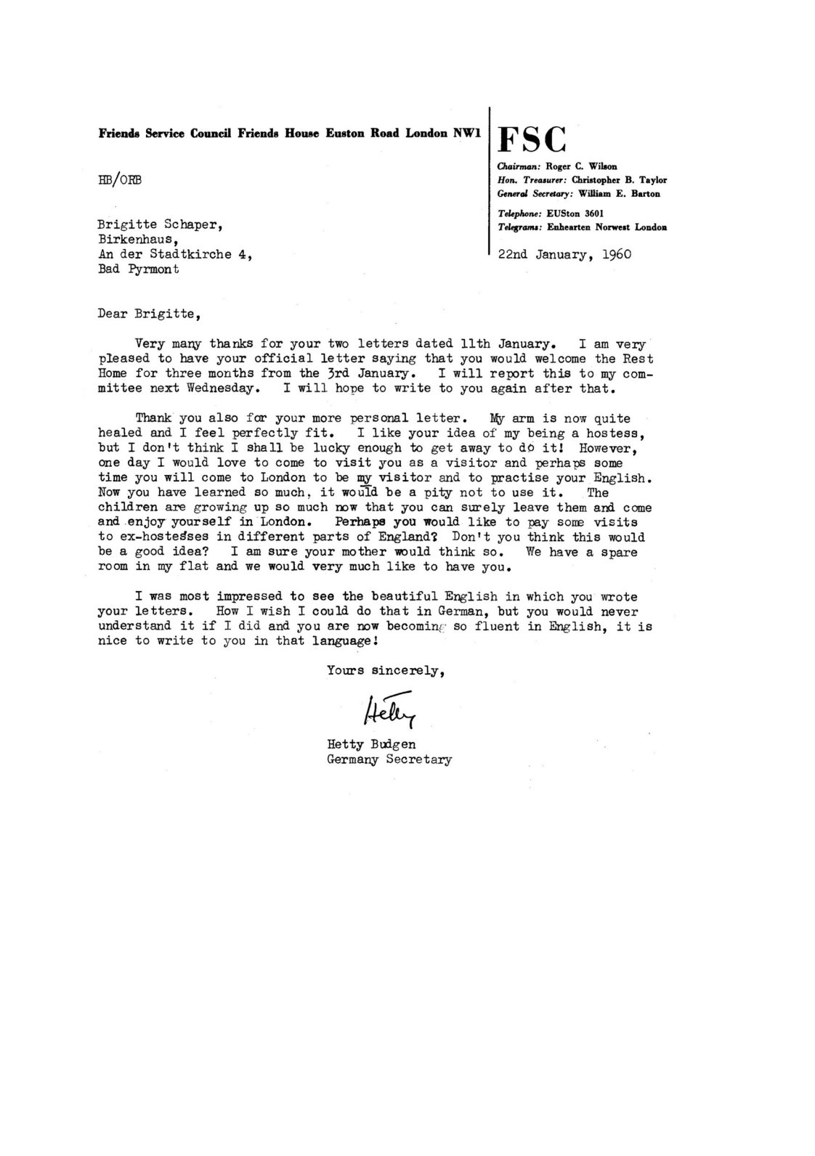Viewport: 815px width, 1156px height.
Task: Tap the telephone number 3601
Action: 591,213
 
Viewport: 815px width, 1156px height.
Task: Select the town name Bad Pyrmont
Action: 138,269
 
